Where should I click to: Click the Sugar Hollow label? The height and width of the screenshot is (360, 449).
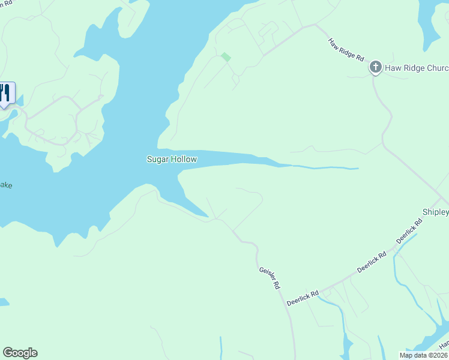point(172,159)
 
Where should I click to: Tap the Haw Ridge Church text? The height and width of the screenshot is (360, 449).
point(417,67)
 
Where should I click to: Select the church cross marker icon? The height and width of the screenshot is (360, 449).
point(376,67)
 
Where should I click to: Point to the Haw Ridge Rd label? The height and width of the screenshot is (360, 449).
point(346,50)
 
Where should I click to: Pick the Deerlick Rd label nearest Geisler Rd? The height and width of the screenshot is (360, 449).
point(301,297)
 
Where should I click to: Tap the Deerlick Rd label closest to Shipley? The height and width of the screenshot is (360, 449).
point(409,231)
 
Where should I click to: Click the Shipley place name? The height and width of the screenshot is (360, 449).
point(436,212)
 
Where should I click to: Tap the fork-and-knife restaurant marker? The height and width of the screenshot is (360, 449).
point(5,94)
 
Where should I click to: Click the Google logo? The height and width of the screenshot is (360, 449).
point(20,353)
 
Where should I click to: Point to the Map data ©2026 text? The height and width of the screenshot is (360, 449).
point(424,355)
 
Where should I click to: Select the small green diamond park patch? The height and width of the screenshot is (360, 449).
point(226,57)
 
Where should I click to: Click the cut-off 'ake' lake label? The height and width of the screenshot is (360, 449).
point(6,185)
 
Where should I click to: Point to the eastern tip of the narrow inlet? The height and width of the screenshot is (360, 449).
point(358,169)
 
